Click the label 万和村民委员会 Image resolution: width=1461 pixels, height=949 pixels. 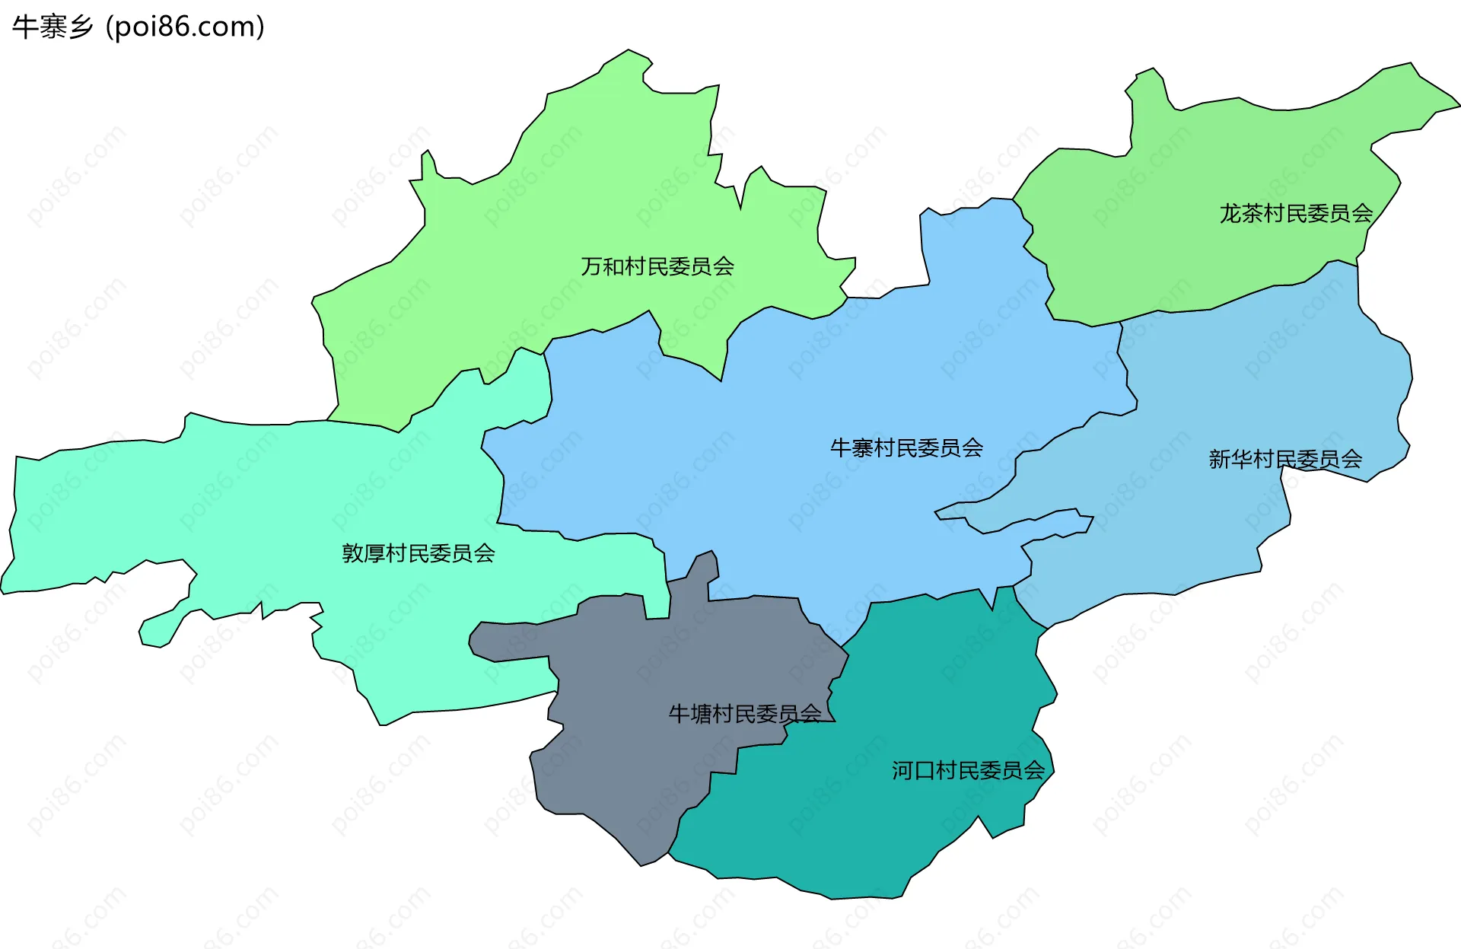[x=657, y=266]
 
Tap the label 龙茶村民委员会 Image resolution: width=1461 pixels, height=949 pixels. [x=1296, y=213]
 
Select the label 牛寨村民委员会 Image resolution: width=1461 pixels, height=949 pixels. [x=906, y=447]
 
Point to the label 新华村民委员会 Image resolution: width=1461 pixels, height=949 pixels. [x=1285, y=459]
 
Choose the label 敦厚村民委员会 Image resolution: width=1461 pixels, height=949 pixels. [x=419, y=553]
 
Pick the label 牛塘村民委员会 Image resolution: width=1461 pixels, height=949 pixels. [x=745, y=714]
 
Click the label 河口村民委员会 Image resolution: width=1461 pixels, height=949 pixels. [x=969, y=771]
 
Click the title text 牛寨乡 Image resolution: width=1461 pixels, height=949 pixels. [x=53, y=27]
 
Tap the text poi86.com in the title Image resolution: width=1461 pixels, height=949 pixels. [x=186, y=27]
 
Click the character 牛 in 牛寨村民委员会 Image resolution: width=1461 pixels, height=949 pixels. [x=841, y=447]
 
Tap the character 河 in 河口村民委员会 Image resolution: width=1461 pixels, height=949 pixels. [x=902, y=771]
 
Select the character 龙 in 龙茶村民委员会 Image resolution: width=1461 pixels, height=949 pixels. [x=1230, y=213]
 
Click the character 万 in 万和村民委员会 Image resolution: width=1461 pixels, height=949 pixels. [x=592, y=266]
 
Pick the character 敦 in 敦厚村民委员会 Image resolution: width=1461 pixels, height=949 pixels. [x=353, y=553]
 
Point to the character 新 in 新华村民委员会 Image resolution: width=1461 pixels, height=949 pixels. [x=1220, y=459]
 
